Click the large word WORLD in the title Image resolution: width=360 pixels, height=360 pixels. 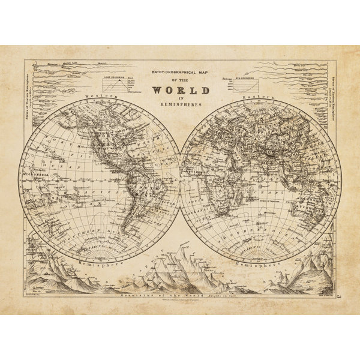180,91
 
